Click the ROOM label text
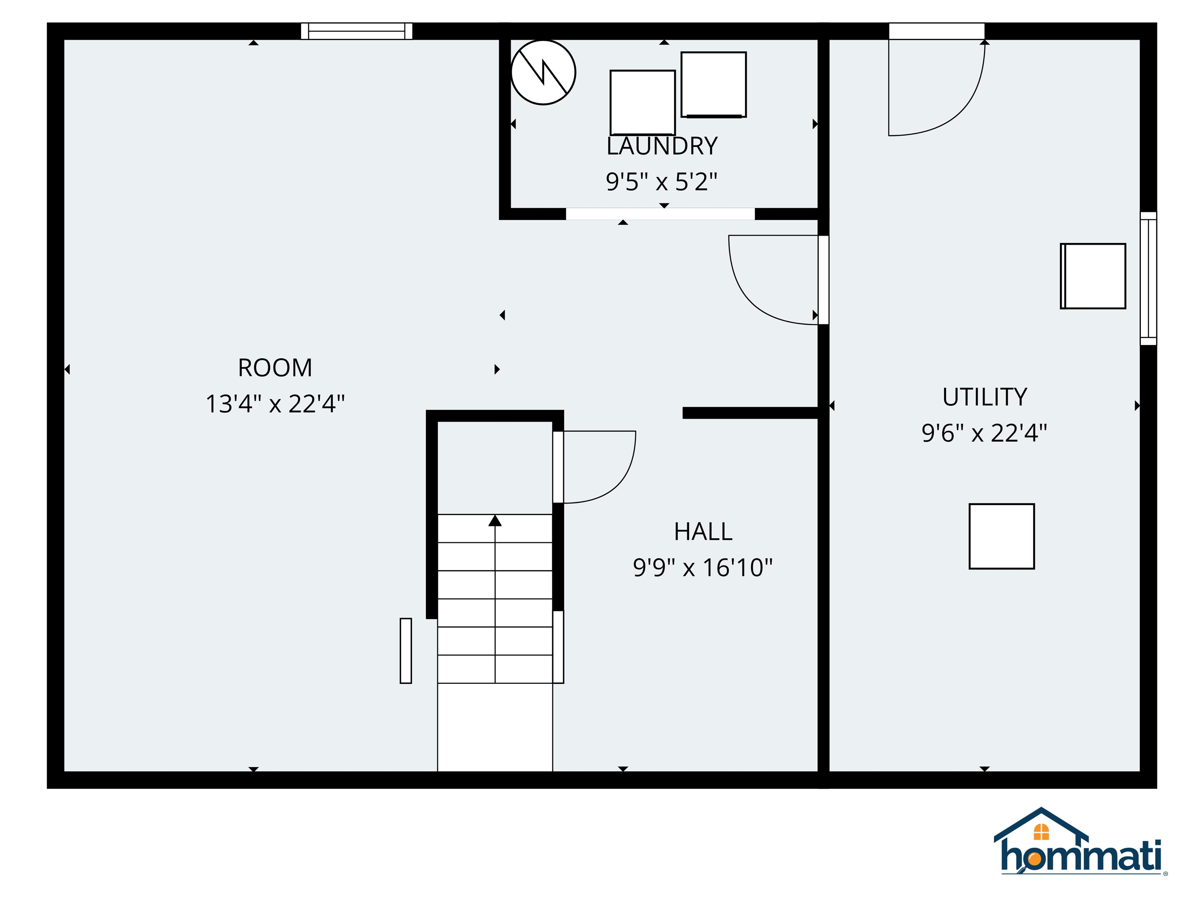point(275,368)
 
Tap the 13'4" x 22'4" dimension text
point(275,404)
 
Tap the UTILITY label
point(985,397)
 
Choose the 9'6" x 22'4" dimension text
point(984,433)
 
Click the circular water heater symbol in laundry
point(543,73)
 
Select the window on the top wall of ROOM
point(357,31)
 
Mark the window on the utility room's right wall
point(1148,278)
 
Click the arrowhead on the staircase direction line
point(495,521)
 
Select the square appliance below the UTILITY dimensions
point(1001,536)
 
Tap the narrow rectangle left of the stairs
point(406,651)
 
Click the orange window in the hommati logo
point(1041,832)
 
